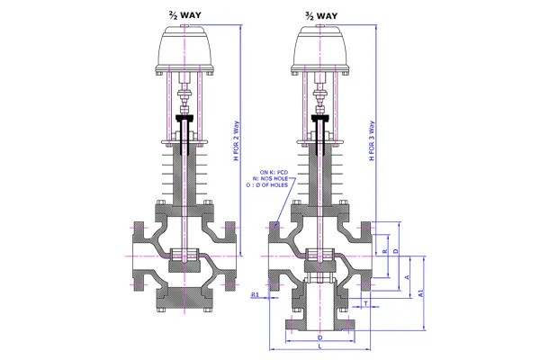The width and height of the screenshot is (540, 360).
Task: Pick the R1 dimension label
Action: [255, 294]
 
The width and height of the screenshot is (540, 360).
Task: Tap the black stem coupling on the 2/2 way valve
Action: [185, 119]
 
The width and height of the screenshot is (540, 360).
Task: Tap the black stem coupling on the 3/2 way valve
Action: [319, 119]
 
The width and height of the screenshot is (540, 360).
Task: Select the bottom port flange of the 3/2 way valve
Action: [319, 321]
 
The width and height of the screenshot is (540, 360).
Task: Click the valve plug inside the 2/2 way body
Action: [185, 255]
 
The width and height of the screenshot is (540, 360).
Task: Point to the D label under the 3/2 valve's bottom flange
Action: [319, 337]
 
